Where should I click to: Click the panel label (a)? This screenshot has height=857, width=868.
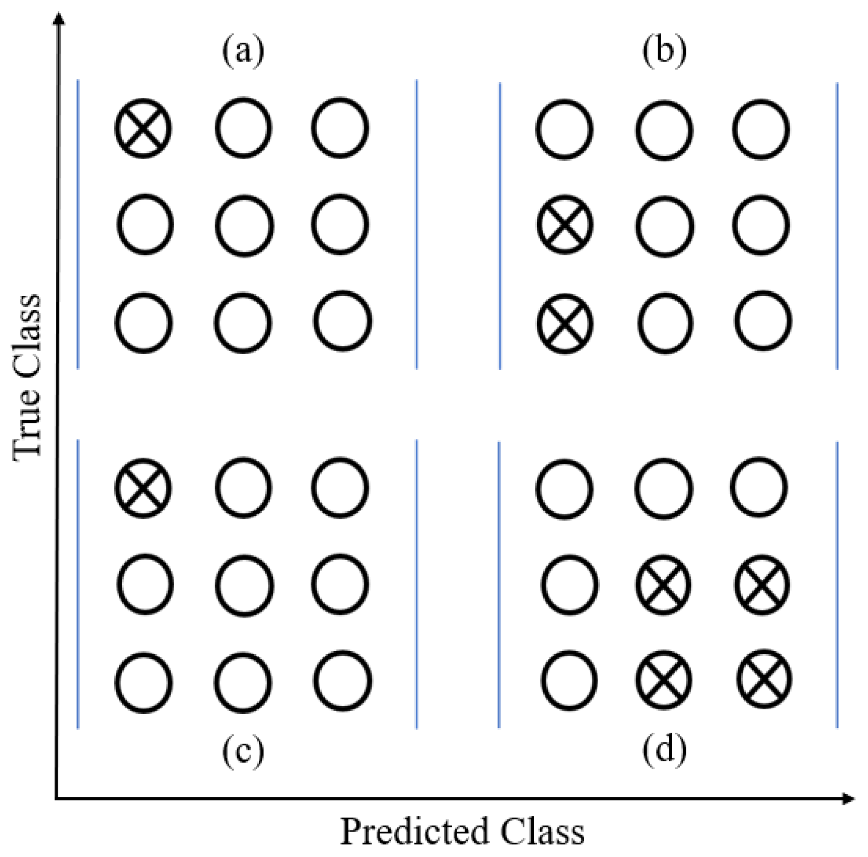coord(243,53)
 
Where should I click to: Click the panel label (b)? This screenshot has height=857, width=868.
coord(664,53)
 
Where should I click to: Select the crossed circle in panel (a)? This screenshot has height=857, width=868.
coord(143,127)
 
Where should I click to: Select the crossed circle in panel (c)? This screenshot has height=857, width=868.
coord(143,488)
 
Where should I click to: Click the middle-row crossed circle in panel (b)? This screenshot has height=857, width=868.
coord(564,225)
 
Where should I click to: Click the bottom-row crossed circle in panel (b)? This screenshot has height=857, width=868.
coord(564,323)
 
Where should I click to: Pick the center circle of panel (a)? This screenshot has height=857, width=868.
coord(244,225)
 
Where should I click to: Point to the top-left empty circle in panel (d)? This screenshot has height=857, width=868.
coord(564,489)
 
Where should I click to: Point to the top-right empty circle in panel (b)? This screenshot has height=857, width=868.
coord(761,129)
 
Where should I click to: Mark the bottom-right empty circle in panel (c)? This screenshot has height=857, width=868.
coord(343,680)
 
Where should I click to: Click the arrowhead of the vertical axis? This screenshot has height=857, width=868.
coord(60,18)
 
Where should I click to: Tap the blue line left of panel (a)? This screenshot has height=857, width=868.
coord(78,224)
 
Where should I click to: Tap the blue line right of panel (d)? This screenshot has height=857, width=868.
coord(837,585)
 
